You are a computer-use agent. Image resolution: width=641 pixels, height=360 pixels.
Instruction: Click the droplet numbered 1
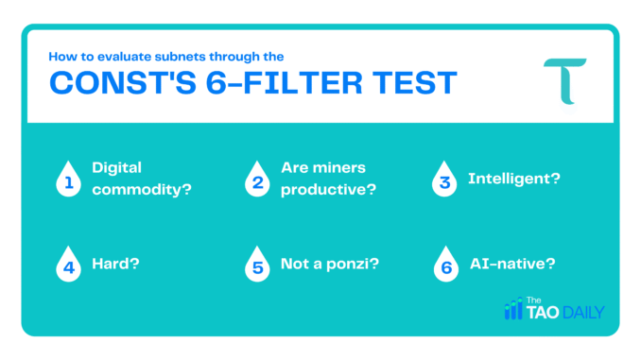pyautogui.click(x=67, y=180)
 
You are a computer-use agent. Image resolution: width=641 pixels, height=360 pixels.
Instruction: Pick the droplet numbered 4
pyautogui.click(x=67, y=264)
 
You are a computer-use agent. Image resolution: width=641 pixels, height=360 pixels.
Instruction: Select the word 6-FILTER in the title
pyautogui.click(x=292, y=84)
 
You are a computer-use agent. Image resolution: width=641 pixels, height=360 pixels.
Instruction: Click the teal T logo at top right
pyautogui.click(x=564, y=80)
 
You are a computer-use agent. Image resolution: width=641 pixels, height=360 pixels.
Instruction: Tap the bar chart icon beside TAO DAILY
pyautogui.click(x=513, y=308)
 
